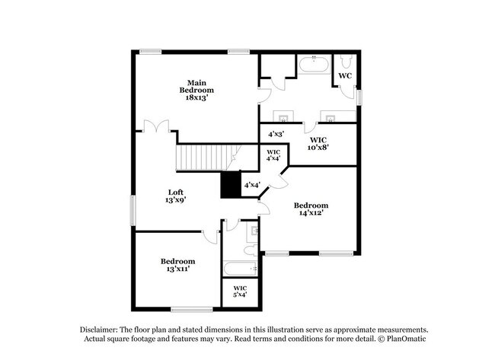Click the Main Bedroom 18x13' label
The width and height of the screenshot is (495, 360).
pos(196,90)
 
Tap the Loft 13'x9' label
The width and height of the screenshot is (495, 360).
pos(175,196)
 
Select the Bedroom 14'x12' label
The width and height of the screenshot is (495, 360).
pos(311,209)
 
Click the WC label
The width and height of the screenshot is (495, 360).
pos(345,76)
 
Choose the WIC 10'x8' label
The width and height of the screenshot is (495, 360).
pos(318,145)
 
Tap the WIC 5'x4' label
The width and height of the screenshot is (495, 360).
pos(240,292)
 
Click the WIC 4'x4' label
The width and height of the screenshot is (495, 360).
pos(273,155)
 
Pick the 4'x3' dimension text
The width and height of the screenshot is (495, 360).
pos(276,134)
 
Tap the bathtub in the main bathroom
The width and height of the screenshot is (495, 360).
pos(314,63)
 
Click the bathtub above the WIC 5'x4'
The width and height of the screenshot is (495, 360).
pos(240,269)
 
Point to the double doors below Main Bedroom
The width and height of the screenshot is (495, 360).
pos(156,126)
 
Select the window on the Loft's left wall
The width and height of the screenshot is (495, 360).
pos(133,210)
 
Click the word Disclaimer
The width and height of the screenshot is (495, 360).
pos(104,327)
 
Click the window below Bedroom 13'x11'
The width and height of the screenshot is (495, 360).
pos(191,309)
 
